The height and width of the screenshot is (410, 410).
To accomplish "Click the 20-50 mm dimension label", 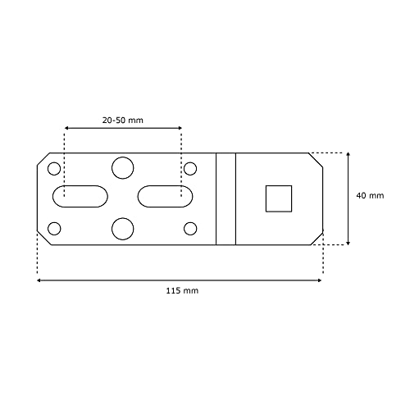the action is tap(123, 120).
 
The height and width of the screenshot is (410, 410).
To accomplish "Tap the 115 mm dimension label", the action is tap(182, 290).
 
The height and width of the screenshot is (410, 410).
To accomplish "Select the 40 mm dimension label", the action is tap(370, 195).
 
